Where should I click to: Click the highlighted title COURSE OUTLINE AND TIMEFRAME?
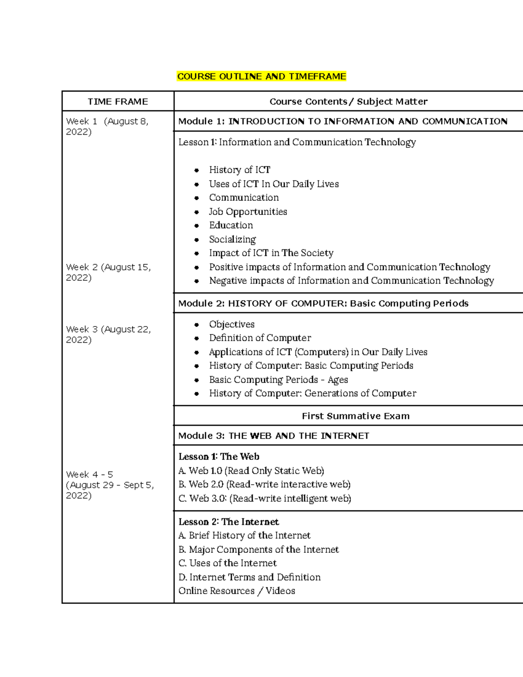click(261, 76)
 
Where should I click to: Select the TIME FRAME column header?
click(118, 102)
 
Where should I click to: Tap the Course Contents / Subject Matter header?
click(348, 102)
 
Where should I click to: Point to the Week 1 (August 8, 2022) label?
click(107, 126)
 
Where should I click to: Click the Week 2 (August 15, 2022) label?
click(108, 272)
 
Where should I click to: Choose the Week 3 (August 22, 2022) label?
click(108, 334)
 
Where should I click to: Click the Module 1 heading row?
click(343, 121)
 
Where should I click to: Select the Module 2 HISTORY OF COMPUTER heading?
click(323, 303)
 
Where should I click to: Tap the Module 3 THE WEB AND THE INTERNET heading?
click(274, 435)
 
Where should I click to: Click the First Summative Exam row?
click(356, 416)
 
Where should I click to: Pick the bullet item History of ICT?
click(239, 170)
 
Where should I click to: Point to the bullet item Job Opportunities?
click(248, 211)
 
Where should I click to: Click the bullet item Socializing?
click(232, 239)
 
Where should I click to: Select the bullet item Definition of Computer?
click(260, 338)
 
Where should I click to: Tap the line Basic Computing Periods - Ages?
click(278, 380)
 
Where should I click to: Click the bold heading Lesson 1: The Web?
click(219, 456)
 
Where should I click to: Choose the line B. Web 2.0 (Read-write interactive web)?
click(264, 484)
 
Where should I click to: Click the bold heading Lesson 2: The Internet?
click(228, 522)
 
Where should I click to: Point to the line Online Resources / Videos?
click(237, 591)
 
